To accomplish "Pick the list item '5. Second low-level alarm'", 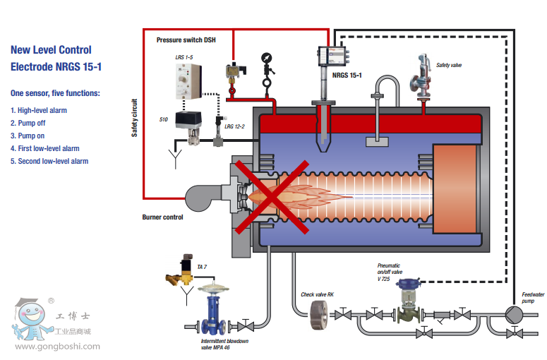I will point(49,161).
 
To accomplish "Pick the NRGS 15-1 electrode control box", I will point(331,54).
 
